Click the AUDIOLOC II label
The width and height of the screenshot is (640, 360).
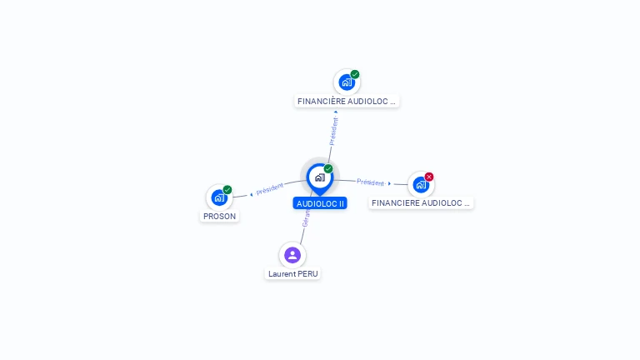tap(320, 203)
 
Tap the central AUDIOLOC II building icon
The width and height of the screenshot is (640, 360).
tap(319, 177)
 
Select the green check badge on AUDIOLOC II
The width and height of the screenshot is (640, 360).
tap(328, 168)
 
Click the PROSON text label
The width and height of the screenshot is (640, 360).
tap(220, 217)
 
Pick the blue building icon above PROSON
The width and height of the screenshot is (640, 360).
tap(218, 197)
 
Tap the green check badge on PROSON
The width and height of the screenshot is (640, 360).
tap(227, 189)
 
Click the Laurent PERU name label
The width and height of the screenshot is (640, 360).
tap(292, 273)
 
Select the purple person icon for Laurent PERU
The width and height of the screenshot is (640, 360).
tap(292, 255)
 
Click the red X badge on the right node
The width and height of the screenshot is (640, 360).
tap(429, 176)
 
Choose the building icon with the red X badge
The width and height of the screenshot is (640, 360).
tap(420, 184)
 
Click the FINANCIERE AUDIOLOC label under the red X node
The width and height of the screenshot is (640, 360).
tap(421, 202)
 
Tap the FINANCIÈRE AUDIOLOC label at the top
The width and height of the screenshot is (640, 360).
tap(347, 102)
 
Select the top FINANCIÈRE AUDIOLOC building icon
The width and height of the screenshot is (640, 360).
tap(346, 82)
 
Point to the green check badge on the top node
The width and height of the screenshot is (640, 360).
tap(355, 74)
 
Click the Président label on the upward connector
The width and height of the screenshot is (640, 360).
tap(334, 131)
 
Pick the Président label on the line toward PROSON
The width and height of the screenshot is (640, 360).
tap(270, 188)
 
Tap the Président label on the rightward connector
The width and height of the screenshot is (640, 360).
tap(370, 182)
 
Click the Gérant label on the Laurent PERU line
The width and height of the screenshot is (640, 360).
tap(306, 218)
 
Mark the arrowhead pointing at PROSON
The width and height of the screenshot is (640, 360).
tap(252, 194)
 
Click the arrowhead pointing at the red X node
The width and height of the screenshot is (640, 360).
tap(389, 183)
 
